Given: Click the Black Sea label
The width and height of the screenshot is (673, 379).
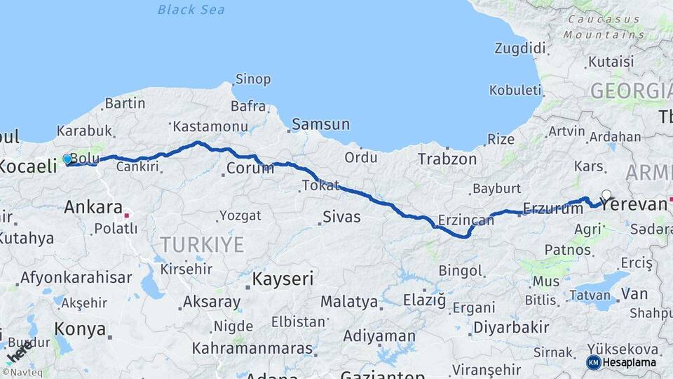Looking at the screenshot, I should click(191, 9).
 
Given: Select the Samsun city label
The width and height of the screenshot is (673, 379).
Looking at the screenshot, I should click(320, 124).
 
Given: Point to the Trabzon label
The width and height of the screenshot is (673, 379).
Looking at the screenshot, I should click(447, 159).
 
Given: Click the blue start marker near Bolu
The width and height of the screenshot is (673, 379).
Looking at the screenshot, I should click(67, 159).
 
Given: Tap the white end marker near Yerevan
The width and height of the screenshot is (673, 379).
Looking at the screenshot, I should click(606, 195).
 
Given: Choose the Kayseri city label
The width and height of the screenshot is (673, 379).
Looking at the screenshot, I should click(283, 279).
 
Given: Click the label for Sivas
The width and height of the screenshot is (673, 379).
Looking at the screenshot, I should click(342, 217).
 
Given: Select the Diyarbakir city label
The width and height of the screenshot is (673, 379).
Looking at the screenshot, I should click(510, 327).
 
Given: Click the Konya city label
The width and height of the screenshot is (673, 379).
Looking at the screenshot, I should click(81, 329).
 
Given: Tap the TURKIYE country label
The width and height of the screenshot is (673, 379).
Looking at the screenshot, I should click(202, 245).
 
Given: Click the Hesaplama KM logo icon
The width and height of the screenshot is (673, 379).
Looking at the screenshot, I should click(594, 362).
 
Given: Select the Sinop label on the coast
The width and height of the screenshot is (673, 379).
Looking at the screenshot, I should click(253, 79).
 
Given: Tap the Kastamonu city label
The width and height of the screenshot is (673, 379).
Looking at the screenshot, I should click(210, 126).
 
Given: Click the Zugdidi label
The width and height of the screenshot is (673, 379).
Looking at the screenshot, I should click(519, 48).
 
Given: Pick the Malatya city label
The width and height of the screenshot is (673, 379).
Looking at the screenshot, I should click(349, 302).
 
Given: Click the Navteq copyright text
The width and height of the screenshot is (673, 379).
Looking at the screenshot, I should click(20, 373).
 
